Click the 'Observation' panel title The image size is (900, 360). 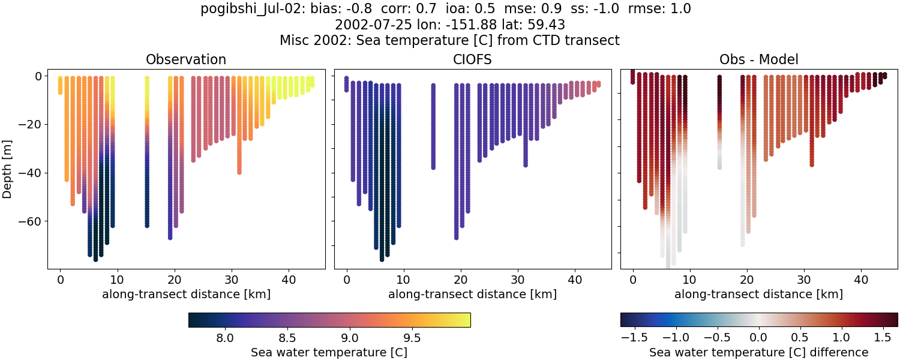[186, 59]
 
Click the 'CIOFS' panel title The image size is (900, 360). [472, 59]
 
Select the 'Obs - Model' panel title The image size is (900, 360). [758, 59]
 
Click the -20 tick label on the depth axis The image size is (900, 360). [29, 125]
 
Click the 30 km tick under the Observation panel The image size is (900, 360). [232, 280]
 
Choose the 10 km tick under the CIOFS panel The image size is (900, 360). [404, 280]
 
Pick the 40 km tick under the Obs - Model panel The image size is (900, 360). [861, 280]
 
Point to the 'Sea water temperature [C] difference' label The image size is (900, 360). [758, 352]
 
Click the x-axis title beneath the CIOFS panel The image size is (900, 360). [472, 294]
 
